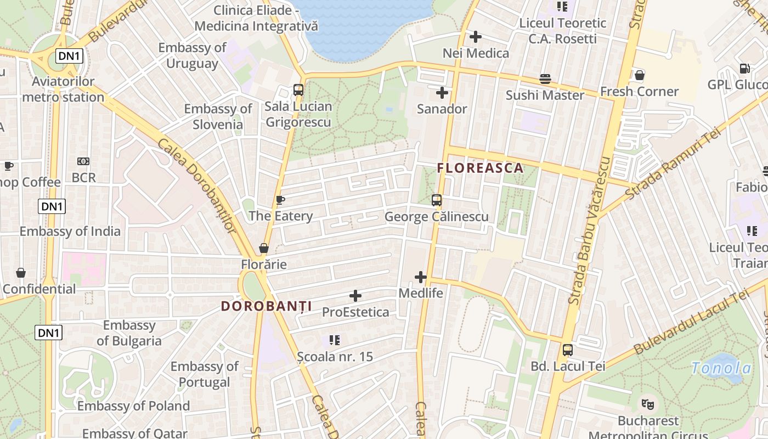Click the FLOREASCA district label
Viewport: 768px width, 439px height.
pyautogui.click(x=480, y=168)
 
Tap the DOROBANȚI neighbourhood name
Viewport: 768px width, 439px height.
pyautogui.click(x=266, y=306)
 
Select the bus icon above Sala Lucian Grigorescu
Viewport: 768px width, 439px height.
pyautogui.click(x=298, y=89)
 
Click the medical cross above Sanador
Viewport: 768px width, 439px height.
pyautogui.click(x=442, y=92)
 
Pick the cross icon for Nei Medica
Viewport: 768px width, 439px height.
pyautogui.click(x=476, y=37)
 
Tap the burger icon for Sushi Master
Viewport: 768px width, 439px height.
pyautogui.click(x=545, y=79)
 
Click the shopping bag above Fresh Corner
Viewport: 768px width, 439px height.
pyautogui.click(x=639, y=75)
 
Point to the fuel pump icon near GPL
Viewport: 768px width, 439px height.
pyautogui.click(x=744, y=69)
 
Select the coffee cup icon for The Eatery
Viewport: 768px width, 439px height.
pyautogui.click(x=280, y=200)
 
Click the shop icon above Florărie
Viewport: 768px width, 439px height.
pyautogui.click(x=264, y=248)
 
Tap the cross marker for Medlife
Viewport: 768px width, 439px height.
pyautogui.click(x=421, y=277)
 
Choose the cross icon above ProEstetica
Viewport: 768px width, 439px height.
pyautogui.click(x=355, y=296)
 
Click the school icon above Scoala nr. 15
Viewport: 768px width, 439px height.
pyautogui.click(x=335, y=340)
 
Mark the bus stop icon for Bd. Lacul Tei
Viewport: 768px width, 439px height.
pyautogui.click(x=568, y=350)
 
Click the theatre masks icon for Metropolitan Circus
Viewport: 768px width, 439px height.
pyautogui.click(x=648, y=404)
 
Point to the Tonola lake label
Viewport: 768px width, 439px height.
pyautogui.click(x=721, y=368)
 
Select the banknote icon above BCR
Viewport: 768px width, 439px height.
pyautogui.click(x=83, y=161)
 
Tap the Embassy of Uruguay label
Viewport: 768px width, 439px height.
pyautogui.click(x=192, y=55)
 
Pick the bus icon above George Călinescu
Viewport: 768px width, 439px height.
pyautogui.click(x=437, y=200)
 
